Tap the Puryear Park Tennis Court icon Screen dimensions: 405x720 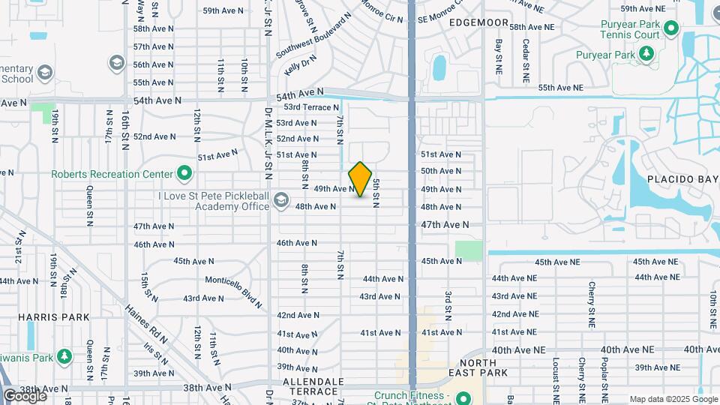pos(672,29)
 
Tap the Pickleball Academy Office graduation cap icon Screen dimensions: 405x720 pos(280,199)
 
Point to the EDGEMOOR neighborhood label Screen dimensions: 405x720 pos(478,23)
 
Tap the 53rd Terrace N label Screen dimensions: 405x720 pos(311,107)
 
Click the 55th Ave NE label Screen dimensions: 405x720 pos(554,88)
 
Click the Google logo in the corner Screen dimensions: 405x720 pos(25,395)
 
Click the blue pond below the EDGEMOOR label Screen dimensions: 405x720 pos(439,67)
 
